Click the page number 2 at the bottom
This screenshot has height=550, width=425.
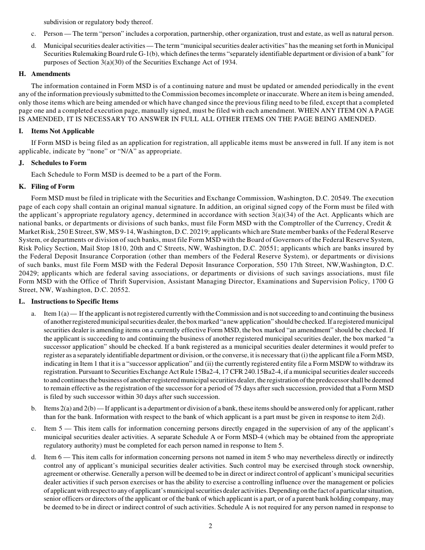pyautogui.click(x=210, y=526)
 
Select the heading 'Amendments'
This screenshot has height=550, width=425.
pyautogui.click(x=51, y=74)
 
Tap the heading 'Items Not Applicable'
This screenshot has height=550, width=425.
pyautogui.click(x=63, y=131)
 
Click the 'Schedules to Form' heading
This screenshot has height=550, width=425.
pyautogui.click(x=59, y=163)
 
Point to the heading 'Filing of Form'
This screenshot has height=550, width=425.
pyautogui.click(x=53, y=186)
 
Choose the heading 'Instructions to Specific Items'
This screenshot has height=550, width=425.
pyautogui.click(x=75, y=301)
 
